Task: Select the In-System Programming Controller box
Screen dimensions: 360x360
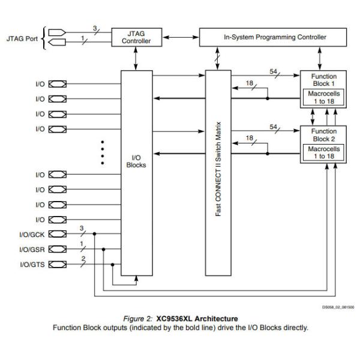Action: point(275,37)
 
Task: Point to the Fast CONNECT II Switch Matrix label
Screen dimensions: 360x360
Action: point(218,173)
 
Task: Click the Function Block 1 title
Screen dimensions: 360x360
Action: point(323,80)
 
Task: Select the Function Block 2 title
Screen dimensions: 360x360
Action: point(323,135)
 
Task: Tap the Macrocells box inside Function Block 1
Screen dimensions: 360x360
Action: point(323,97)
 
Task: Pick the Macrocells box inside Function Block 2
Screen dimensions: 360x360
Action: point(323,152)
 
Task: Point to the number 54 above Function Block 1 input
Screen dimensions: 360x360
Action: point(274,71)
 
